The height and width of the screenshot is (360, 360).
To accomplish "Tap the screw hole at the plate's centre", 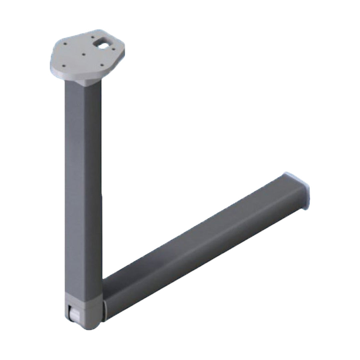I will click(84, 54).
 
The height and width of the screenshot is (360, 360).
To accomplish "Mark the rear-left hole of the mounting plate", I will click(65, 43).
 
